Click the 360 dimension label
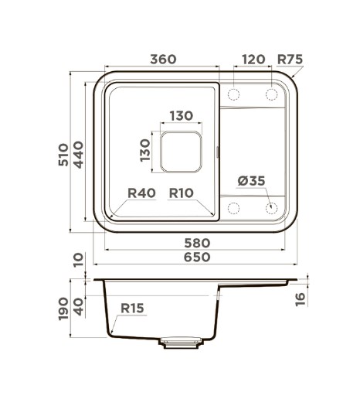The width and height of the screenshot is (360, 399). (163, 59)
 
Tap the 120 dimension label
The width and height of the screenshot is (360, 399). (253, 60)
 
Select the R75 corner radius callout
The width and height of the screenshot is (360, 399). (290, 60)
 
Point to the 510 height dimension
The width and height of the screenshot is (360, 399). (63, 155)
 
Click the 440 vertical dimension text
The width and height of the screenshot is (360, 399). (78, 155)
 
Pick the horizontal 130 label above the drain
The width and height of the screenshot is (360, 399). (182, 116)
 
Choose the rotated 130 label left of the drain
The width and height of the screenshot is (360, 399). (145, 151)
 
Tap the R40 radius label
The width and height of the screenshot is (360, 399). (141, 193)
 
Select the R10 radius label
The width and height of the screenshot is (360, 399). (181, 193)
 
